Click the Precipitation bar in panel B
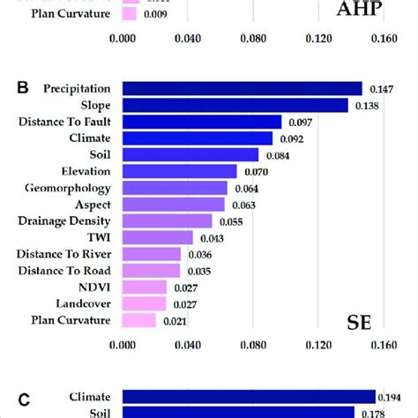[x=242, y=88]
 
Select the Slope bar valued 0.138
[x=235, y=105]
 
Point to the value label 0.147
[x=380, y=89]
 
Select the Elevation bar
[x=179, y=171]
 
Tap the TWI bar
[x=157, y=237]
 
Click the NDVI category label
[x=94, y=287]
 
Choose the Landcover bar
[x=144, y=303]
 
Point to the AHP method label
[x=361, y=10]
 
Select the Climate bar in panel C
[x=249, y=397]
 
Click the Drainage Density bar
[x=167, y=220]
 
